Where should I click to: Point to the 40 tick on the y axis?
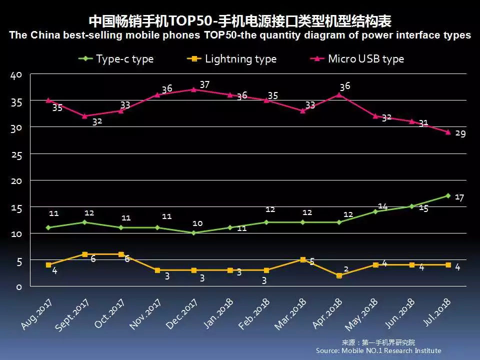[x=16, y=75]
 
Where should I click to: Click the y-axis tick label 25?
[x=16, y=156]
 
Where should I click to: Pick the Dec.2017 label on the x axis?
[x=182, y=313]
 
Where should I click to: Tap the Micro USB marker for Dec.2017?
[x=193, y=89]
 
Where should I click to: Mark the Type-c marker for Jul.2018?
[x=448, y=195]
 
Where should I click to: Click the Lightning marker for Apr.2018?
[x=339, y=275]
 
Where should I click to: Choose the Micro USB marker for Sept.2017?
[x=84, y=116]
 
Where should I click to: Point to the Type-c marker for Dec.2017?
[x=193, y=233]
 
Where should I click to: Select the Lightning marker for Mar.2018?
[x=302, y=259]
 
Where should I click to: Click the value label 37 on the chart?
[x=204, y=85]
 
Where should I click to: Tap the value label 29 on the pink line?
[x=460, y=134]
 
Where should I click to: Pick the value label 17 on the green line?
[x=459, y=197]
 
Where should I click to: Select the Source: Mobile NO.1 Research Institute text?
[x=378, y=350]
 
